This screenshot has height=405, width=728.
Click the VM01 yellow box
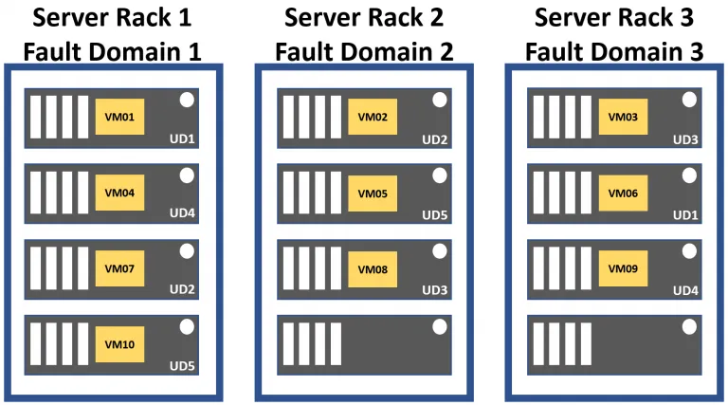(x=119, y=117)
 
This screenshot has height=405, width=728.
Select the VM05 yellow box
(x=372, y=193)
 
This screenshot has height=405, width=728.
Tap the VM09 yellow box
(x=623, y=268)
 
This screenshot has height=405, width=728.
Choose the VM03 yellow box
(x=623, y=117)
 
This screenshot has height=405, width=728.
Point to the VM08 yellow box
(x=372, y=268)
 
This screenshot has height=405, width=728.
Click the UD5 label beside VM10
(x=182, y=364)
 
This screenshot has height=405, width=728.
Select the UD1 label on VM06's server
(x=685, y=215)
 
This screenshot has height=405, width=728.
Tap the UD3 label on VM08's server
(x=434, y=289)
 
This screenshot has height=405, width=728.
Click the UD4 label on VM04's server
(x=182, y=213)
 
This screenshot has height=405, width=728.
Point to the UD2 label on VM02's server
(x=434, y=139)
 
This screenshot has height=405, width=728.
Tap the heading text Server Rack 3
(x=615, y=17)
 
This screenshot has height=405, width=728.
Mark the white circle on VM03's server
(x=689, y=100)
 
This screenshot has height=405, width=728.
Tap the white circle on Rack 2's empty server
(x=438, y=325)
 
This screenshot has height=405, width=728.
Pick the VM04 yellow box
(x=119, y=193)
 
